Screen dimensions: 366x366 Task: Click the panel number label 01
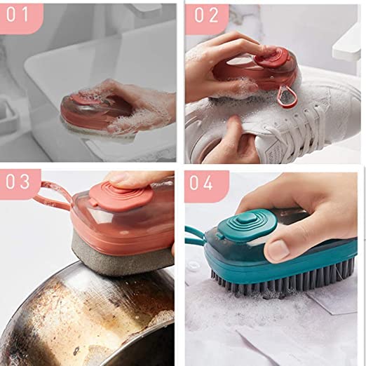(18, 15)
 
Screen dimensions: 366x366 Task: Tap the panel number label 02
(206, 15)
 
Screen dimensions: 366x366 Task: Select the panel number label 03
(18, 182)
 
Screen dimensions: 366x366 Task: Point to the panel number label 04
(201, 182)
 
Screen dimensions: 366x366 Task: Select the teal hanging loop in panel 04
(195, 235)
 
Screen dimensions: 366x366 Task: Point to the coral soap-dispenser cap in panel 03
(121, 196)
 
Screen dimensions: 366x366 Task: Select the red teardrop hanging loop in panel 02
(287, 96)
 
